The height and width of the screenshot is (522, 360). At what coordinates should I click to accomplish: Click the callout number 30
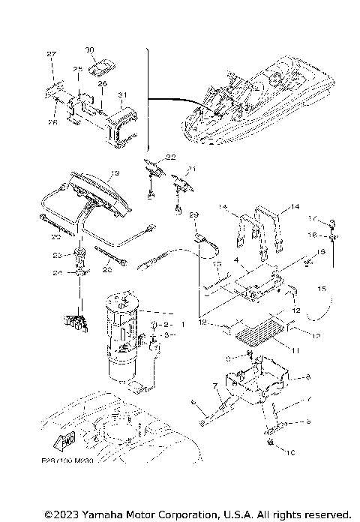(90, 50)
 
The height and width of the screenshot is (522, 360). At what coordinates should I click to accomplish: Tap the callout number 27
(52, 55)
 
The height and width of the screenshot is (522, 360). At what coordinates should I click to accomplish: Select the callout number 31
(122, 94)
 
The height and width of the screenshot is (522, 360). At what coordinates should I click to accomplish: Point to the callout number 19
(114, 173)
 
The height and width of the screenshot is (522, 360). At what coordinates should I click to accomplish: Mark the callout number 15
(322, 288)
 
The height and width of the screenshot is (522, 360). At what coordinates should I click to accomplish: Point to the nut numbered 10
(268, 448)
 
